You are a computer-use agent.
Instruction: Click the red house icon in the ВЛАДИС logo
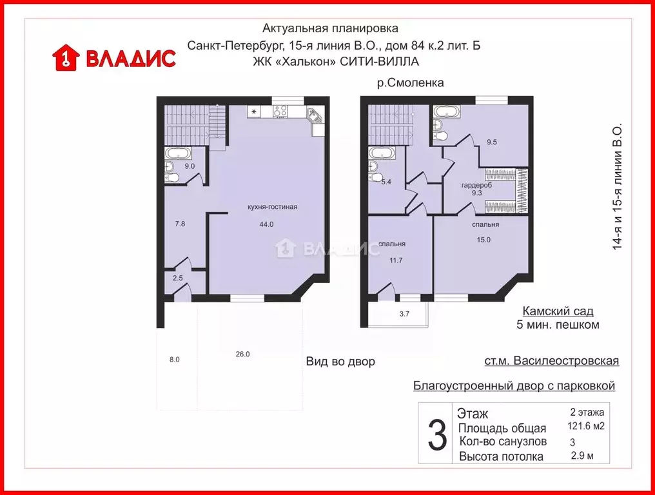click(65, 57)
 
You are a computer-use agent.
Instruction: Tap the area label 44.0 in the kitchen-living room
click(267, 224)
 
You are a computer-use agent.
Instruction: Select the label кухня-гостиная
click(272, 207)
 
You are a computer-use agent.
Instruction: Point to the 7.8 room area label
click(181, 224)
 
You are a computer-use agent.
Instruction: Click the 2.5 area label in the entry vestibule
click(177, 278)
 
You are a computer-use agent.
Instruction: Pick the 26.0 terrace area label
click(242, 354)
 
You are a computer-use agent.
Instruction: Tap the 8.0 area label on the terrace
click(174, 360)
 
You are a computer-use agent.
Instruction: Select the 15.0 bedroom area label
click(484, 240)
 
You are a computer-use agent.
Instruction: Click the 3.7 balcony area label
click(404, 314)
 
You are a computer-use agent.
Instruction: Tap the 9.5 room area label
click(491, 142)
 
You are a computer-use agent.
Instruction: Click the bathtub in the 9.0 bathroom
click(177, 153)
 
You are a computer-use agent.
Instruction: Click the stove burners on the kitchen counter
click(280, 112)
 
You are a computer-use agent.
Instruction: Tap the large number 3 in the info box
click(437, 434)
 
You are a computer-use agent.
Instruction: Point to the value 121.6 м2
click(586, 426)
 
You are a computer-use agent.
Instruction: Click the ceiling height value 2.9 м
click(583, 456)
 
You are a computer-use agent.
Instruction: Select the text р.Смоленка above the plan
click(411, 83)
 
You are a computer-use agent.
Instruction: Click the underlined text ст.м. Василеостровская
click(551, 361)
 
